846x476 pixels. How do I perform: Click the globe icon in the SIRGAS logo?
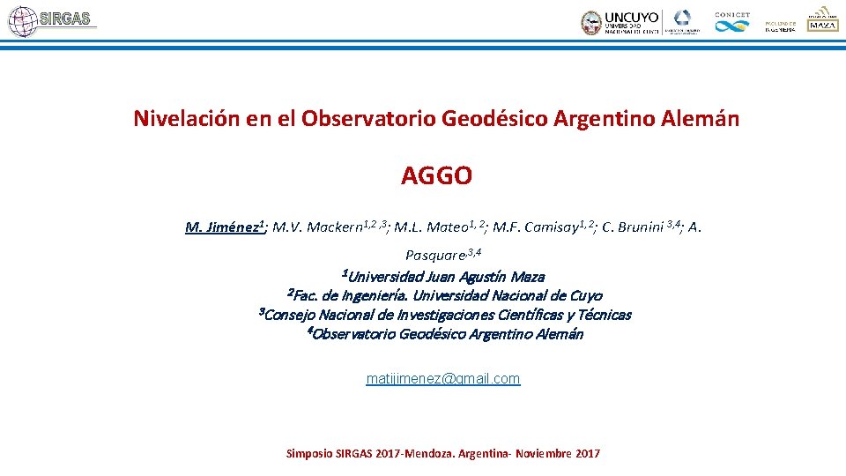23,21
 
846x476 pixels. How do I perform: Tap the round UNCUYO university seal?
591,22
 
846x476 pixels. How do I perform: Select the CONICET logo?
732,22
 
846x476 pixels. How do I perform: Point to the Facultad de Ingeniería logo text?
780,26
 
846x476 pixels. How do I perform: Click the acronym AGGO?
436,176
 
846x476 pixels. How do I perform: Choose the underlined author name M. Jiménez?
223,227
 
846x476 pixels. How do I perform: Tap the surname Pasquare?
434,256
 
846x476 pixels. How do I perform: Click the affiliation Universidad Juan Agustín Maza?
446,277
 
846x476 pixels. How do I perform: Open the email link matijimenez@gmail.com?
442,378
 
